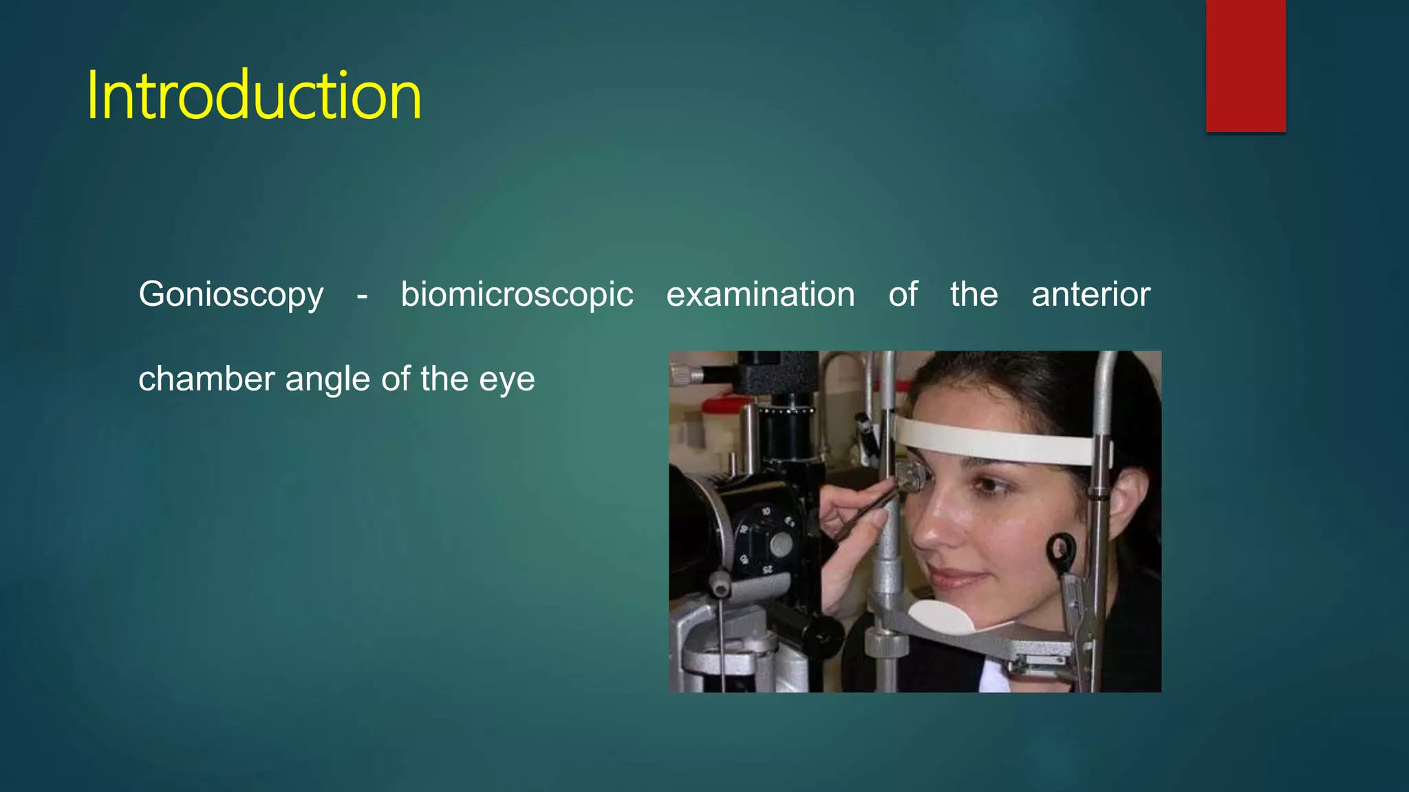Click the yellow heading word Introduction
point(253,96)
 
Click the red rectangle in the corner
point(1245,65)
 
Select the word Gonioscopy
point(230,295)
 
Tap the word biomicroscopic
point(517,295)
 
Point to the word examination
point(760,294)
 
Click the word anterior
point(1090,294)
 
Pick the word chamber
point(206,379)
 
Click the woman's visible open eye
point(991,485)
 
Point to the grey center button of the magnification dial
point(781,545)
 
